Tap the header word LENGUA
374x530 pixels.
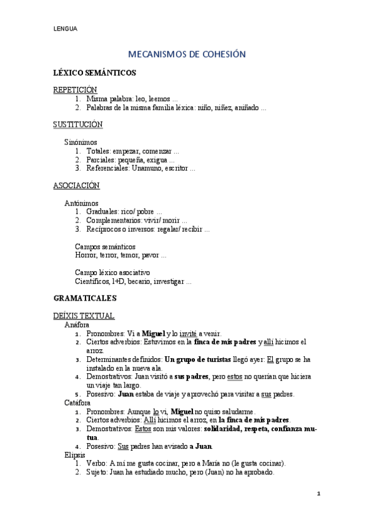tap(65, 29)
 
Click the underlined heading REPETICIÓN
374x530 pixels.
tap(75, 90)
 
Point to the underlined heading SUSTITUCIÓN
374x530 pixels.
tap(78, 124)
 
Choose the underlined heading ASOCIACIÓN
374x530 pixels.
tap(76, 186)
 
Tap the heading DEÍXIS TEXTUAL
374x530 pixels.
tap(84, 316)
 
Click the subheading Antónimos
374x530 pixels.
tap(82, 203)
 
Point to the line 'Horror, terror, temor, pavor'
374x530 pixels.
tap(121, 256)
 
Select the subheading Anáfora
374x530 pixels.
tap(77, 325)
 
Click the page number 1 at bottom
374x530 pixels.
tap(318, 494)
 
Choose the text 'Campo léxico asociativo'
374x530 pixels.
tap(112, 272)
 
